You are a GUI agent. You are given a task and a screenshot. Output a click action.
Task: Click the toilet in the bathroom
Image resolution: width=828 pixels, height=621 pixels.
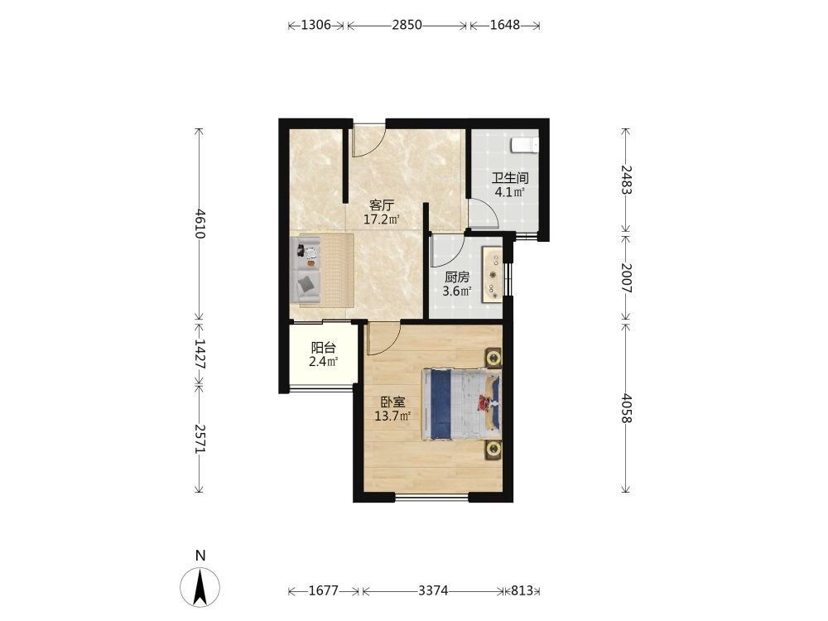(x=524, y=145)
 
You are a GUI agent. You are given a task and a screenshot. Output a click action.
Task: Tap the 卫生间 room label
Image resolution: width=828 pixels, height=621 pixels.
(x=510, y=178)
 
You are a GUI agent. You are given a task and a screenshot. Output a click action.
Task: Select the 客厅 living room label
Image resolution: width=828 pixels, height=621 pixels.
(x=381, y=205)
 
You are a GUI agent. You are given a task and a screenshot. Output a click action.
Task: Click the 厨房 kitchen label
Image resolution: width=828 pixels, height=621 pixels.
(x=457, y=277)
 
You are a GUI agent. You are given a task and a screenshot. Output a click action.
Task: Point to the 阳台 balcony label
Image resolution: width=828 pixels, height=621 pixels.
(x=323, y=348)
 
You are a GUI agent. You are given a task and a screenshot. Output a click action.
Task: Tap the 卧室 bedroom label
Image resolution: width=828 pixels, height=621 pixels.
(x=392, y=402)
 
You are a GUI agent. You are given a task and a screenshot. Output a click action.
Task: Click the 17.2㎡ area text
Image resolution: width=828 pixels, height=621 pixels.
(x=381, y=219)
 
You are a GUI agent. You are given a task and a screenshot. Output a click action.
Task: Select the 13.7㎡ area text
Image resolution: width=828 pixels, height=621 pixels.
(x=392, y=416)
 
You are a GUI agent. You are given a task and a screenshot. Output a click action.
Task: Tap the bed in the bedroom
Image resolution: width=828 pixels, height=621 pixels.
(x=461, y=404)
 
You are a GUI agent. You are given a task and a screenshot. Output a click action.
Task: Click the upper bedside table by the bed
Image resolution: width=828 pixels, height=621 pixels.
(x=493, y=358)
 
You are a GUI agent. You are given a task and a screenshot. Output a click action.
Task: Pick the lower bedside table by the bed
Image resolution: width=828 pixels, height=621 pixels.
(x=493, y=450)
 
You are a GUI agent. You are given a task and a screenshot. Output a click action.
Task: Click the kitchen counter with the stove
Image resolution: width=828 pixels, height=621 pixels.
(x=493, y=275)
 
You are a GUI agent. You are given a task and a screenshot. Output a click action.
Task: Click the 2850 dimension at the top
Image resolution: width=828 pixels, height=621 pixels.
(x=407, y=25)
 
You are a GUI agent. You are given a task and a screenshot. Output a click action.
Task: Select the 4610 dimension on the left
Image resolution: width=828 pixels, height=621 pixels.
(x=199, y=224)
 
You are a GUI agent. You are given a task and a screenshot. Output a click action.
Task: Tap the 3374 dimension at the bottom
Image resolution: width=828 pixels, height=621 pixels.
(x=433, y=590)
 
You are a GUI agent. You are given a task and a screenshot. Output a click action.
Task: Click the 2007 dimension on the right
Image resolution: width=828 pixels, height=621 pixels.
(x=626, y=277)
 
